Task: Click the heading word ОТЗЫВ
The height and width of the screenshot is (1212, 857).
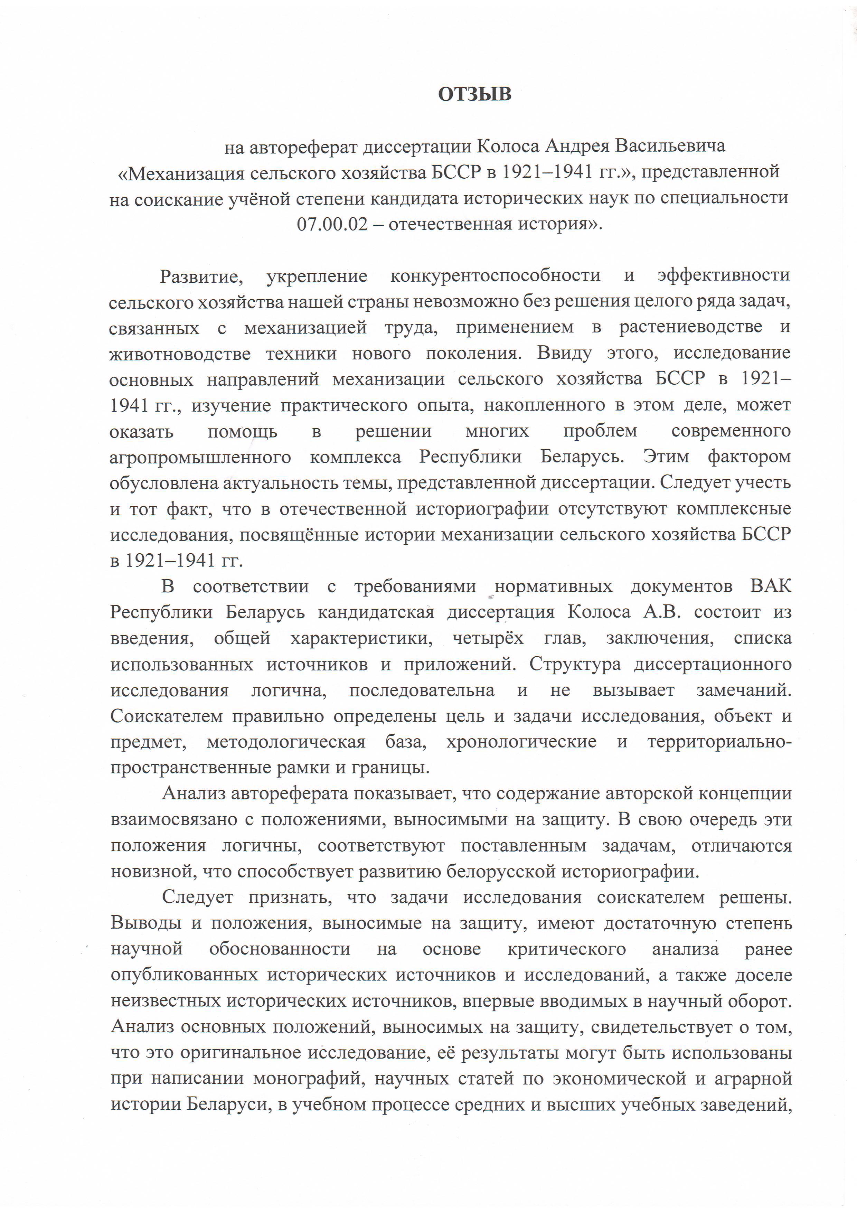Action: pos(474,94)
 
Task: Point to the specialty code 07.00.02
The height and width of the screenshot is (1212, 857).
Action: pos(331,224)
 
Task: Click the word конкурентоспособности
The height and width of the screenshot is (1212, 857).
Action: pos(495,275)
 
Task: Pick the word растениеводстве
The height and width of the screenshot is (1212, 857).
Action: pos(690,327)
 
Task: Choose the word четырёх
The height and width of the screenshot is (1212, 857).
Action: pos(488,638)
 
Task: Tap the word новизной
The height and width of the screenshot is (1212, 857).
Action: pos(145,872)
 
